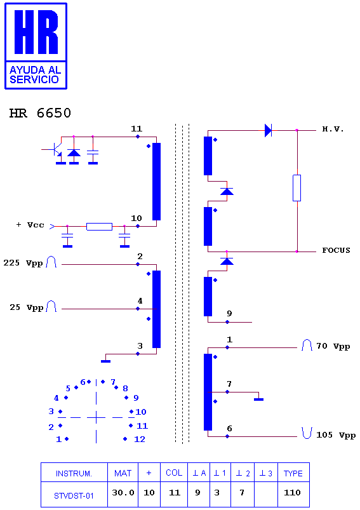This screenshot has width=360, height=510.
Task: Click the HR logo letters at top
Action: (36, 32)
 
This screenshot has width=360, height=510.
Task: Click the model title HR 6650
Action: (40, 113)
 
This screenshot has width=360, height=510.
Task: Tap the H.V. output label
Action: (333, 129)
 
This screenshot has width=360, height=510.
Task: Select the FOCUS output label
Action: (337, 250)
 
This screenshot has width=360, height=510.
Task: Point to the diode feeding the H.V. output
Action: (268, 130)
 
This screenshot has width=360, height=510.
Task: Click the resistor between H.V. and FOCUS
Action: (297, 187)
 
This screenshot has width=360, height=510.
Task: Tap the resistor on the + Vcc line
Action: (99, 226)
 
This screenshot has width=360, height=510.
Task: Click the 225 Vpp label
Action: (23, 263)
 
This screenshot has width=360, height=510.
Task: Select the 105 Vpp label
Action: (336, 435)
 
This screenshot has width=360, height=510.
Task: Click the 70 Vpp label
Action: (333, 346)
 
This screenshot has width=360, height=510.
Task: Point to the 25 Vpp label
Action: (26, 307)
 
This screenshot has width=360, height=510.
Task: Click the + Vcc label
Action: (30, 225)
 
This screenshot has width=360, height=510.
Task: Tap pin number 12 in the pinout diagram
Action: (140, 439)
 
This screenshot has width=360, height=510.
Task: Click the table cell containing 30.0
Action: (123, 493)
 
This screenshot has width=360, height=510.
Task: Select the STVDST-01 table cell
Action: (74, 494)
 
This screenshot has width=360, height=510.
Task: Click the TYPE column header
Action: (293, 473)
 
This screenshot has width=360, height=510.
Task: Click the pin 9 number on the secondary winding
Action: (229, 314)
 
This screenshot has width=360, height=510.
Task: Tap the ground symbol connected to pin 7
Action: (258, 399)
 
